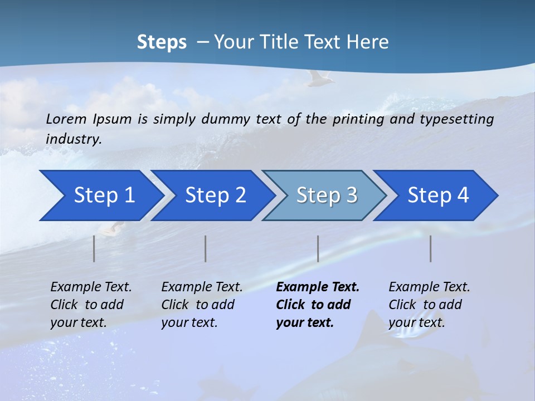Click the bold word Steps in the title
coord(162,42)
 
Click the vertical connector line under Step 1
coord(94,248)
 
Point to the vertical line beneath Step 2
coord(206,248)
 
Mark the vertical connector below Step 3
coord(318,248)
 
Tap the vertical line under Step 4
coord(431,248)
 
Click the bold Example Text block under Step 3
coord(318,305)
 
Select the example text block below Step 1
coord(91,305)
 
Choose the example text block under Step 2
coord(202,305)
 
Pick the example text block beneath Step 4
coord(429,305)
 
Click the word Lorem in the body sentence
coord(66,119)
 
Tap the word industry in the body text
coord(74,139)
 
